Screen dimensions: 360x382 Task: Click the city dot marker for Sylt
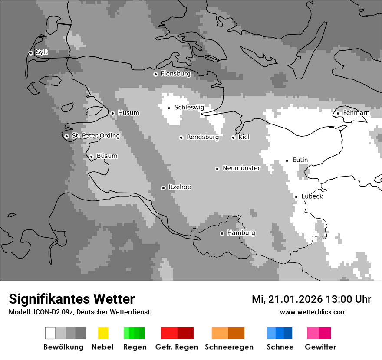(x=30, y=53)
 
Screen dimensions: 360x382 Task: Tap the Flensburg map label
(x=175, y=74)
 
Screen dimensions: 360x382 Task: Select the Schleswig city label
(x=189, y=107)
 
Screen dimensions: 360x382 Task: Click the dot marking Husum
(x=112, y=113)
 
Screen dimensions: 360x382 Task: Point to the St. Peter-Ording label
(x=95, y=136)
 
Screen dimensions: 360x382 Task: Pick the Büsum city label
(x=107, y=156)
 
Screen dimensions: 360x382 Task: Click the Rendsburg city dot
(x=181, y=137)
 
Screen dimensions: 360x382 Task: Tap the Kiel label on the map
(x=244, y=137)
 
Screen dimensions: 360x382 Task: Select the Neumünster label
(x=241, y=168)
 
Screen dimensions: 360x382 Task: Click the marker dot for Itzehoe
(x=163, y=188)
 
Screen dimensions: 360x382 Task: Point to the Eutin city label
(x=300, y=160)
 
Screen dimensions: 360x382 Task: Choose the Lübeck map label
(x=312, y=196)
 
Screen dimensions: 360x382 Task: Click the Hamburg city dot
(x=222, y=233)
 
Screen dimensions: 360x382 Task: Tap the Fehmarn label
(x=356, y=113)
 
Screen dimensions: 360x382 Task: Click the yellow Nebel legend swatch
(x=103, y=333)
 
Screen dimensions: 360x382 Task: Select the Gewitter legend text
(x=320, y=347)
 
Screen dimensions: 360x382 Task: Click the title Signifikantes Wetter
(x=72, y=299)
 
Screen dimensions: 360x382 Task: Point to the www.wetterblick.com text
(x=313, y=312)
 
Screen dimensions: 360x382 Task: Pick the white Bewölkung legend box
(x=50, y=333)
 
